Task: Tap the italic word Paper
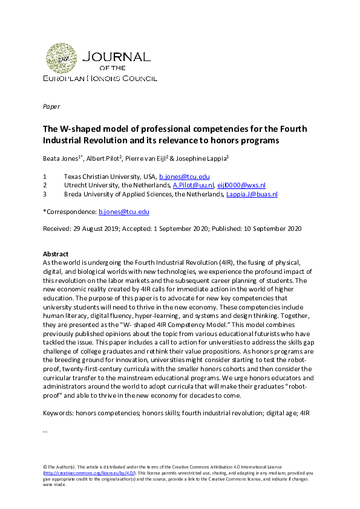(x=51, y=106)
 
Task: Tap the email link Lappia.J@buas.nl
(x=251, y=194)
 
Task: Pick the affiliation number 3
(x=44, y=194)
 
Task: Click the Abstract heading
(x=56, y=254)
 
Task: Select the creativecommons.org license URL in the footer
(x=89, y=473)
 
